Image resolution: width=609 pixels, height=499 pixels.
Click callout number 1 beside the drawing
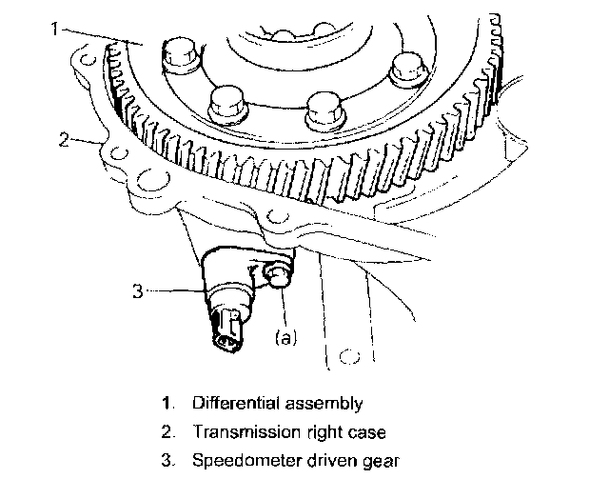click(x=54, y=30)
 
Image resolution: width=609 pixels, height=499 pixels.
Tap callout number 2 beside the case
click(x=63, y=140)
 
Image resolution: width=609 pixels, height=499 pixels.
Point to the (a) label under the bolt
click(x=285, y=336)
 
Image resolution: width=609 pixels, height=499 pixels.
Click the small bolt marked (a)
click(x=277, y=277)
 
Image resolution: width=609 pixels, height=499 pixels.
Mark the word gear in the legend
click(x=384, y=462)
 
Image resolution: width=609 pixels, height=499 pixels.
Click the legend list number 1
click(x=167, y=404)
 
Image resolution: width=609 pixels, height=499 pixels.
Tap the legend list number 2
click(x=167, y=432)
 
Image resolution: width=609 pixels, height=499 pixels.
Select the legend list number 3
click(x=167, y=462)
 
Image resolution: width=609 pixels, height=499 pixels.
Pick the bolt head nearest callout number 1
click(x=178, y=54)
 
